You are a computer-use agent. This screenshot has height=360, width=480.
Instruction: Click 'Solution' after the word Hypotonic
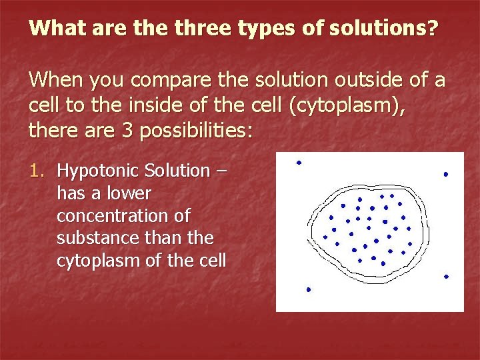click(179, 171)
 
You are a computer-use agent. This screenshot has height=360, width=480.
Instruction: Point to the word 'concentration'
click(123, 216)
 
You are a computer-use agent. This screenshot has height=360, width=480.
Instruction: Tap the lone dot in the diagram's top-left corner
click(299, 163)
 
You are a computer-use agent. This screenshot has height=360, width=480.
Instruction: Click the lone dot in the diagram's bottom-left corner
click(309, 289)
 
